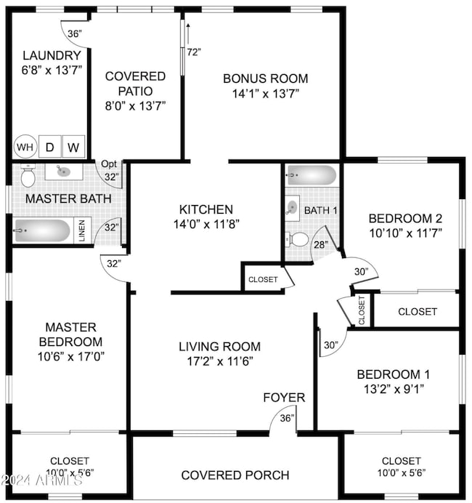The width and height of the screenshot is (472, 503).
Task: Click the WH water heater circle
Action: pos(25,148)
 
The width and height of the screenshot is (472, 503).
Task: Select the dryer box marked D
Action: pos(50,148)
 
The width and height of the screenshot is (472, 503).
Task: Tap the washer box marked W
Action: pos(74,148)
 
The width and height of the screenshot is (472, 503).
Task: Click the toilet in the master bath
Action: pos(28,177)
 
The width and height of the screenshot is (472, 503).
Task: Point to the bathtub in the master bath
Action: pos(43,231)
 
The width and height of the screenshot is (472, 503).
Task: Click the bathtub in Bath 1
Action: pos(312,175)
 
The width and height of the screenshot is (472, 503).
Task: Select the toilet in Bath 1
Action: pos(298,238)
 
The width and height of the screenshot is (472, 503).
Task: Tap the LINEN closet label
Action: pos(82,230)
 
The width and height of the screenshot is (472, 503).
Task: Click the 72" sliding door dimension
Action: pos(192,52)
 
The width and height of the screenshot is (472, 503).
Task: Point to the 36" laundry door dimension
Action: pos(75,34)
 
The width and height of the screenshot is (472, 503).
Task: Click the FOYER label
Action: pos(284,398)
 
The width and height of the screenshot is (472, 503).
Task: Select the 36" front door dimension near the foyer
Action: pos(288,418)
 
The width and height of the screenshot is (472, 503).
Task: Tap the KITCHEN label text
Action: pos(206,209)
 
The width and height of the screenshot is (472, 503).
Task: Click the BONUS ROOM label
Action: pos(265,79)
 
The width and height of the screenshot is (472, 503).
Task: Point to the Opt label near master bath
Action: pos(109,164)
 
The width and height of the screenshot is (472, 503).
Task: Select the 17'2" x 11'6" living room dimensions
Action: pos(219,361)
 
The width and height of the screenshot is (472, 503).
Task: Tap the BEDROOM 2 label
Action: pos(405,218)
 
